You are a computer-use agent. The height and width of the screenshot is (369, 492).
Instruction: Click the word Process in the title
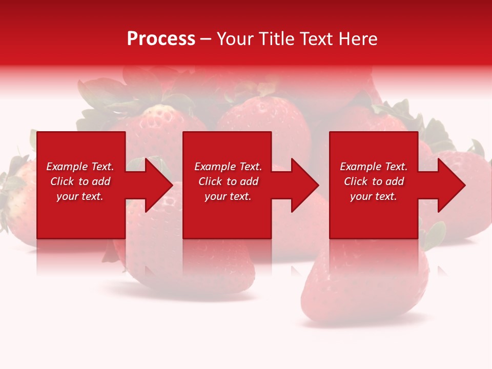click(x=161, y=39)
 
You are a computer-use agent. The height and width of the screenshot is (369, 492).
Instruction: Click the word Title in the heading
click(x=277, y=39)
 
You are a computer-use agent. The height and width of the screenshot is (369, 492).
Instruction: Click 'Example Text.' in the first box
click(x=80, y=167)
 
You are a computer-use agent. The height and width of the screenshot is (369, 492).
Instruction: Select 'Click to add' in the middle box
click(x=228, y=181)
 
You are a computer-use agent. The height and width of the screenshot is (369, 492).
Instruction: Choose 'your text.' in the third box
click(x=374, y=196)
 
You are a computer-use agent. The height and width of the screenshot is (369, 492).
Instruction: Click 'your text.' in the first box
click(x=80, y=196)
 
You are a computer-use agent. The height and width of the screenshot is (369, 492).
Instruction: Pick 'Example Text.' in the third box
click(x=374, y=167)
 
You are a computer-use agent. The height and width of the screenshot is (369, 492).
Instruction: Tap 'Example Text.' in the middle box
click(x=228, y=167)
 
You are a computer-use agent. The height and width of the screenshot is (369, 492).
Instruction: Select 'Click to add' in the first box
click(x=80, y=181)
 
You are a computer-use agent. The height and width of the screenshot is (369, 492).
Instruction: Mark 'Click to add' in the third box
click(x=374, y=181)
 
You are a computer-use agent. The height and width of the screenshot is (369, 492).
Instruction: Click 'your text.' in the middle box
click(x=228, y=196)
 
